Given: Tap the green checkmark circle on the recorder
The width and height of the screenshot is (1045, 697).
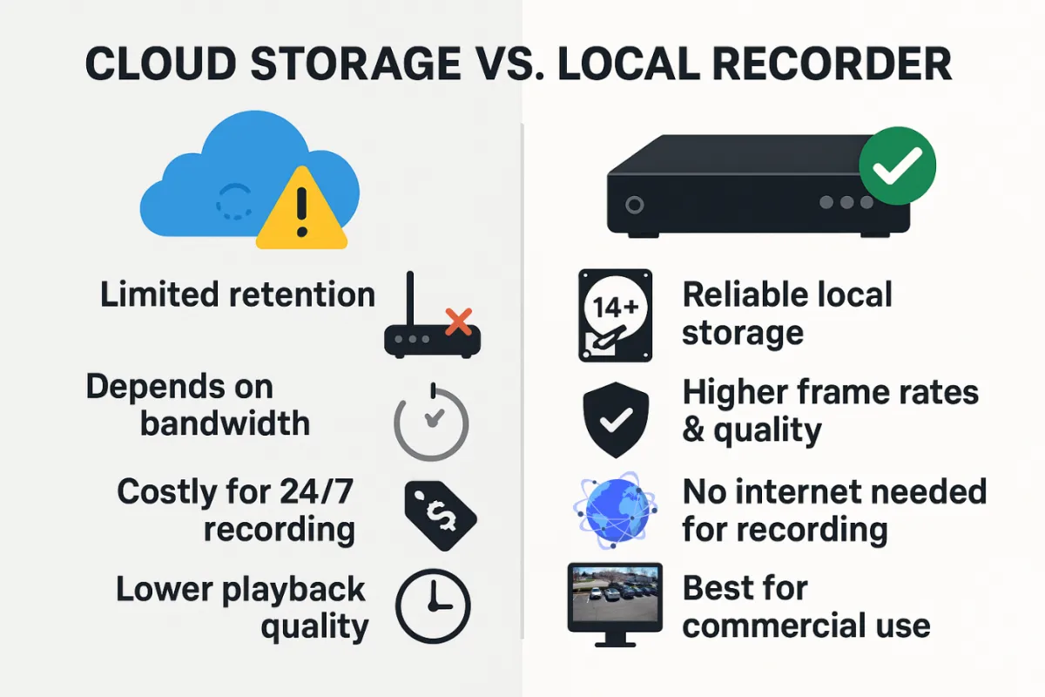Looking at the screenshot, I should [x=897, y=166].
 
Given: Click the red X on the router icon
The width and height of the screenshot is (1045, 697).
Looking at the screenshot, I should [x=457, y=323].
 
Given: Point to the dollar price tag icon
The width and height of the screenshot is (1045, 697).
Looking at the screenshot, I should [x=441, y=515].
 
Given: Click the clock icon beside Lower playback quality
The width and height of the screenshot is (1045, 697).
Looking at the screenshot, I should [x=433, y=606].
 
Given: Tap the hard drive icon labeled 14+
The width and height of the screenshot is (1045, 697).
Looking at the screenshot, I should [x=615, y=315].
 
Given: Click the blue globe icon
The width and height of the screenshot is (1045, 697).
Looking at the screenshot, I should [x=615, y=511].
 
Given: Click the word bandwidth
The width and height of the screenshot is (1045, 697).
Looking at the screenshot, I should [x=225, y=423].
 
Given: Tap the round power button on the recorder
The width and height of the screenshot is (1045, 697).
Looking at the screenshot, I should [x=634, y=205].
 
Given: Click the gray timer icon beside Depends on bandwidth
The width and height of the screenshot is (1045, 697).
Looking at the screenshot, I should [x=431, y=423].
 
